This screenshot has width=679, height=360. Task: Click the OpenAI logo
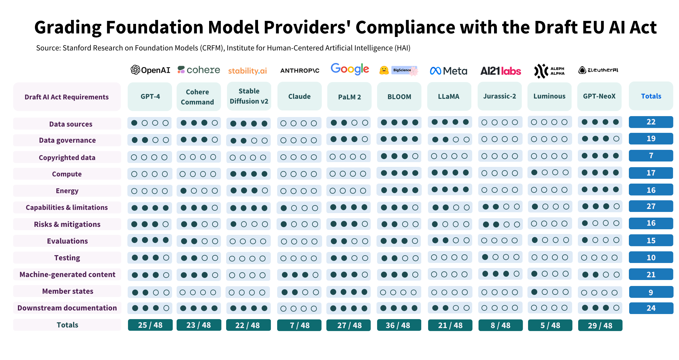150,70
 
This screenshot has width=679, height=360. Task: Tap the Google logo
350,69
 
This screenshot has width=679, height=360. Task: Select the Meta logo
448,71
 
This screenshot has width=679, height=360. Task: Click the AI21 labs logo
501,71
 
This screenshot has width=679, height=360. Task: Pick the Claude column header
299,96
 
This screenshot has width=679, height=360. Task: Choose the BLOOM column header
399,97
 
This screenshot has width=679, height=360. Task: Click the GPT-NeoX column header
599,96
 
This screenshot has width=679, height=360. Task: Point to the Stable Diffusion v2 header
249,96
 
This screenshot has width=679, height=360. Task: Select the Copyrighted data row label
67,157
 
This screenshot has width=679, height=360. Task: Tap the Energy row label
67,191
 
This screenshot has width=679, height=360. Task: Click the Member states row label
67,291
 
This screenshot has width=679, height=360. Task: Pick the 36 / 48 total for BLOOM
399,325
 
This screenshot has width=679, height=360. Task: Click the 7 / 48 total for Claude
299,325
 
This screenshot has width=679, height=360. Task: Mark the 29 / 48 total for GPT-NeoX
600,325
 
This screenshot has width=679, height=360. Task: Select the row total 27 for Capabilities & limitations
651,206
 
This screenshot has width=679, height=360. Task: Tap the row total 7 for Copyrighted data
651,156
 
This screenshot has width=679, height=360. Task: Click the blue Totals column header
651,96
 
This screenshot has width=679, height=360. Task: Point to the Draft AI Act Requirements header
67,97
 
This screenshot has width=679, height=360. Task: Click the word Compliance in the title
405,27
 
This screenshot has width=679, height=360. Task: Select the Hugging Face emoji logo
384,70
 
